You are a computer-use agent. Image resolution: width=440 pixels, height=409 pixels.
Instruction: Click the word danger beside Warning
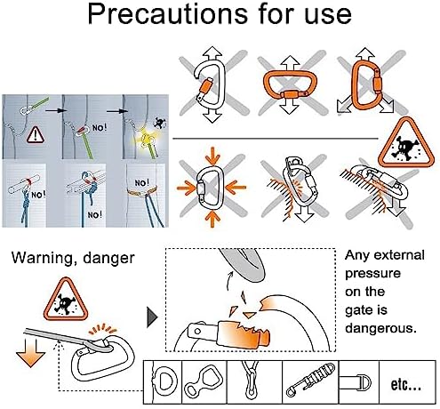click(108, 258)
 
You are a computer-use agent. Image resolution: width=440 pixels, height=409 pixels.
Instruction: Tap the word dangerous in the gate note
click(380, 328)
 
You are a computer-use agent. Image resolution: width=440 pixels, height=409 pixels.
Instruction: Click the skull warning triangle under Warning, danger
click(66, 301)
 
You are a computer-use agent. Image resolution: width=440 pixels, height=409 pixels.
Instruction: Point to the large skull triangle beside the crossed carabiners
click(406, 143)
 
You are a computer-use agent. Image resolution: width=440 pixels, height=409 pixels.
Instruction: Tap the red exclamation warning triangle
click(36, 135)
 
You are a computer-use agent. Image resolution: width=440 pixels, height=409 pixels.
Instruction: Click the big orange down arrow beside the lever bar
click(30, 353)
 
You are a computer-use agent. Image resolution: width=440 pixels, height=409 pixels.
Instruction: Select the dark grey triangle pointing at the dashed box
click(152, 317)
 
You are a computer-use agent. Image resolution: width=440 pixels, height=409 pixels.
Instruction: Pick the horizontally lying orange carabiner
click(290, 86)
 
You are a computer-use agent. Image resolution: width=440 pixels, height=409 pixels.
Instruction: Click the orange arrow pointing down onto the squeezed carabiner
click(212, 156)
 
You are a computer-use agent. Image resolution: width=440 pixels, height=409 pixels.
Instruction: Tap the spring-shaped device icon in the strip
click(310, 380)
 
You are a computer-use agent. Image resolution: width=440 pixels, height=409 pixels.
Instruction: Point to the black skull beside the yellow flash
click(160, 123)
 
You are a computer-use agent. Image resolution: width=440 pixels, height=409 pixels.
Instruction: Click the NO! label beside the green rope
click(100, 128)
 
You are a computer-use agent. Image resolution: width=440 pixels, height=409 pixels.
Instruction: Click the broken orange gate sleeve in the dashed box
click(244, 333)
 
